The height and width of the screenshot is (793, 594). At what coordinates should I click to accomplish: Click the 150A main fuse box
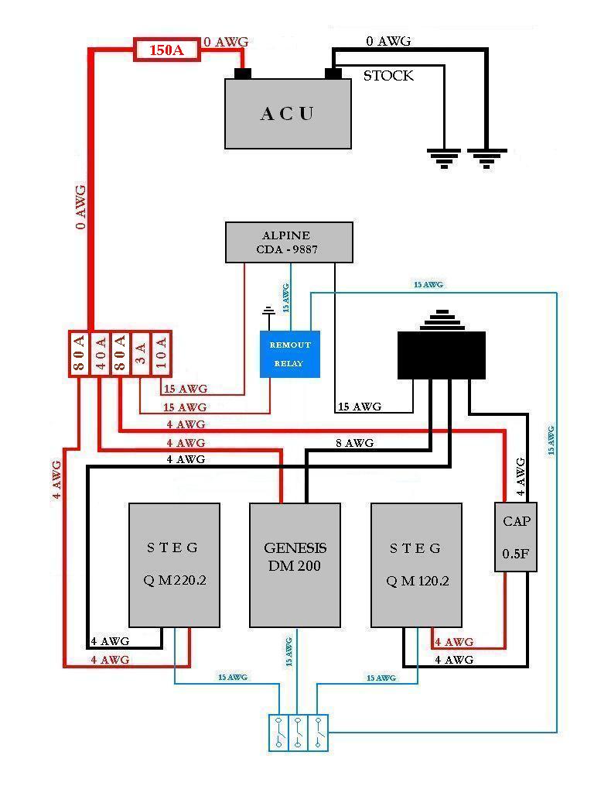pos(167,50)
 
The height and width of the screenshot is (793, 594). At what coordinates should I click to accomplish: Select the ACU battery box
pos(288,113)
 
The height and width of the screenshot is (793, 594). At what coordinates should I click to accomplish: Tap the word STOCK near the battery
pos(388,76)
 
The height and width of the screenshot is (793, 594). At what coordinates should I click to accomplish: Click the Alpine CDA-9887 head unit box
pos(288,242)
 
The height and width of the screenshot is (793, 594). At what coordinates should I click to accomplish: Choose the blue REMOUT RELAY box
pos(290,355)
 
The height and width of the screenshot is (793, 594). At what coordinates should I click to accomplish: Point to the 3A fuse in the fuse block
pos(140,355)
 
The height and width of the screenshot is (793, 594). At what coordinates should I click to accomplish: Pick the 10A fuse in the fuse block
pos(160,355)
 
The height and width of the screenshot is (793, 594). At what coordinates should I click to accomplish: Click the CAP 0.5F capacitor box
pos(516,537)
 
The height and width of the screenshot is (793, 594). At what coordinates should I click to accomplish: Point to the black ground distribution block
pos(441,355)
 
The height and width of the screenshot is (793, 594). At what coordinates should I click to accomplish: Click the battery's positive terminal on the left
pos(243,74)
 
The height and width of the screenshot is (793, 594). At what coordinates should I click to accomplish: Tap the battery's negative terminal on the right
pos(333,74)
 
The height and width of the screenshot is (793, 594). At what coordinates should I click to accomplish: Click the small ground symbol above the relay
pos(269,314)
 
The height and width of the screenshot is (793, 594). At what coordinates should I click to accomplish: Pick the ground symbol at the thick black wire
pos(486,159)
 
